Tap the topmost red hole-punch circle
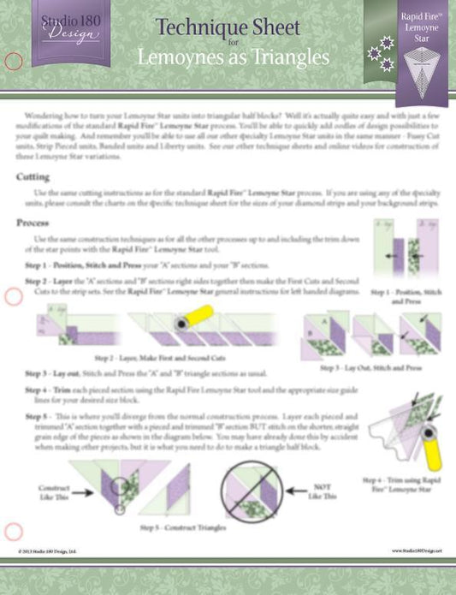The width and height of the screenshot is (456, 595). pos(13,61)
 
